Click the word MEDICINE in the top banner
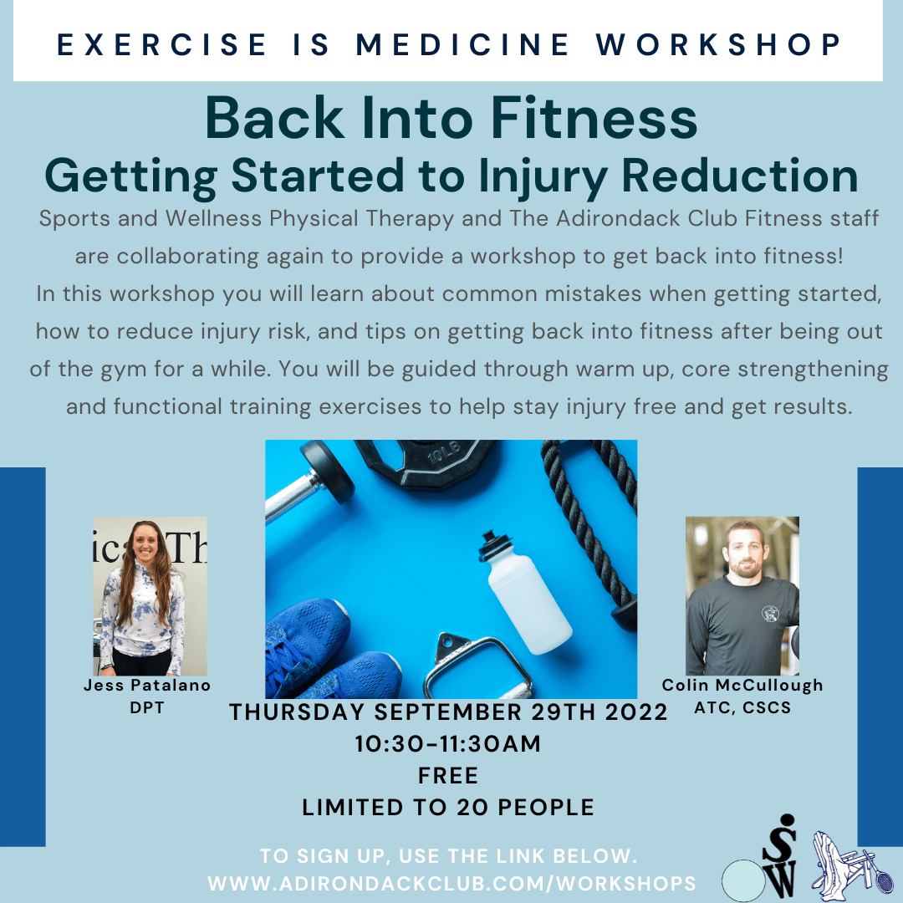462,45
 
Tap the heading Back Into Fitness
451,118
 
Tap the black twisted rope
593,530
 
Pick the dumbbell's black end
327,472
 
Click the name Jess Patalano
147,686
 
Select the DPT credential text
147,708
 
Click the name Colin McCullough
742,686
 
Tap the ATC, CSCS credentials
742,708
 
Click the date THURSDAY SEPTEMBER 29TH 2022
449,712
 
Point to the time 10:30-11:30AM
448,744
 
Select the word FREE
448,776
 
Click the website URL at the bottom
452,884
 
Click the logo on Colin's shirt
769,614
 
